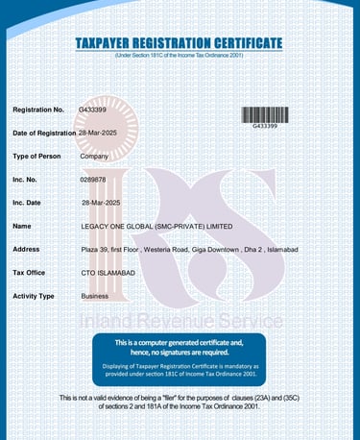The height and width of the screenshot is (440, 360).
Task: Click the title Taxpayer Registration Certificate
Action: [180, 43]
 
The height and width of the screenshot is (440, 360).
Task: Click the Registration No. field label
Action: [38, 110]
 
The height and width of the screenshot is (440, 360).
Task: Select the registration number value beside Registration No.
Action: [92, 110]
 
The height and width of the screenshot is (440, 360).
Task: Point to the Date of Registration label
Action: [44, 133]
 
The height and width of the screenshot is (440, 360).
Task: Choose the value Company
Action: [94, 156]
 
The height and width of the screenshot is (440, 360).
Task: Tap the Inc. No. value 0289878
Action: [93, 179]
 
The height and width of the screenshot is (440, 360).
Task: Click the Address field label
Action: [26, 250]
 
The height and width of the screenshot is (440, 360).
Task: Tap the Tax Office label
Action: [32, 273]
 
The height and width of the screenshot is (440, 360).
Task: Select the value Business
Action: [94, 296]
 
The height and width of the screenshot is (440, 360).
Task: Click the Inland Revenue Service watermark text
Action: [180, 319]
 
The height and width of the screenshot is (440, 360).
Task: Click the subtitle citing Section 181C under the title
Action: [180, 57]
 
